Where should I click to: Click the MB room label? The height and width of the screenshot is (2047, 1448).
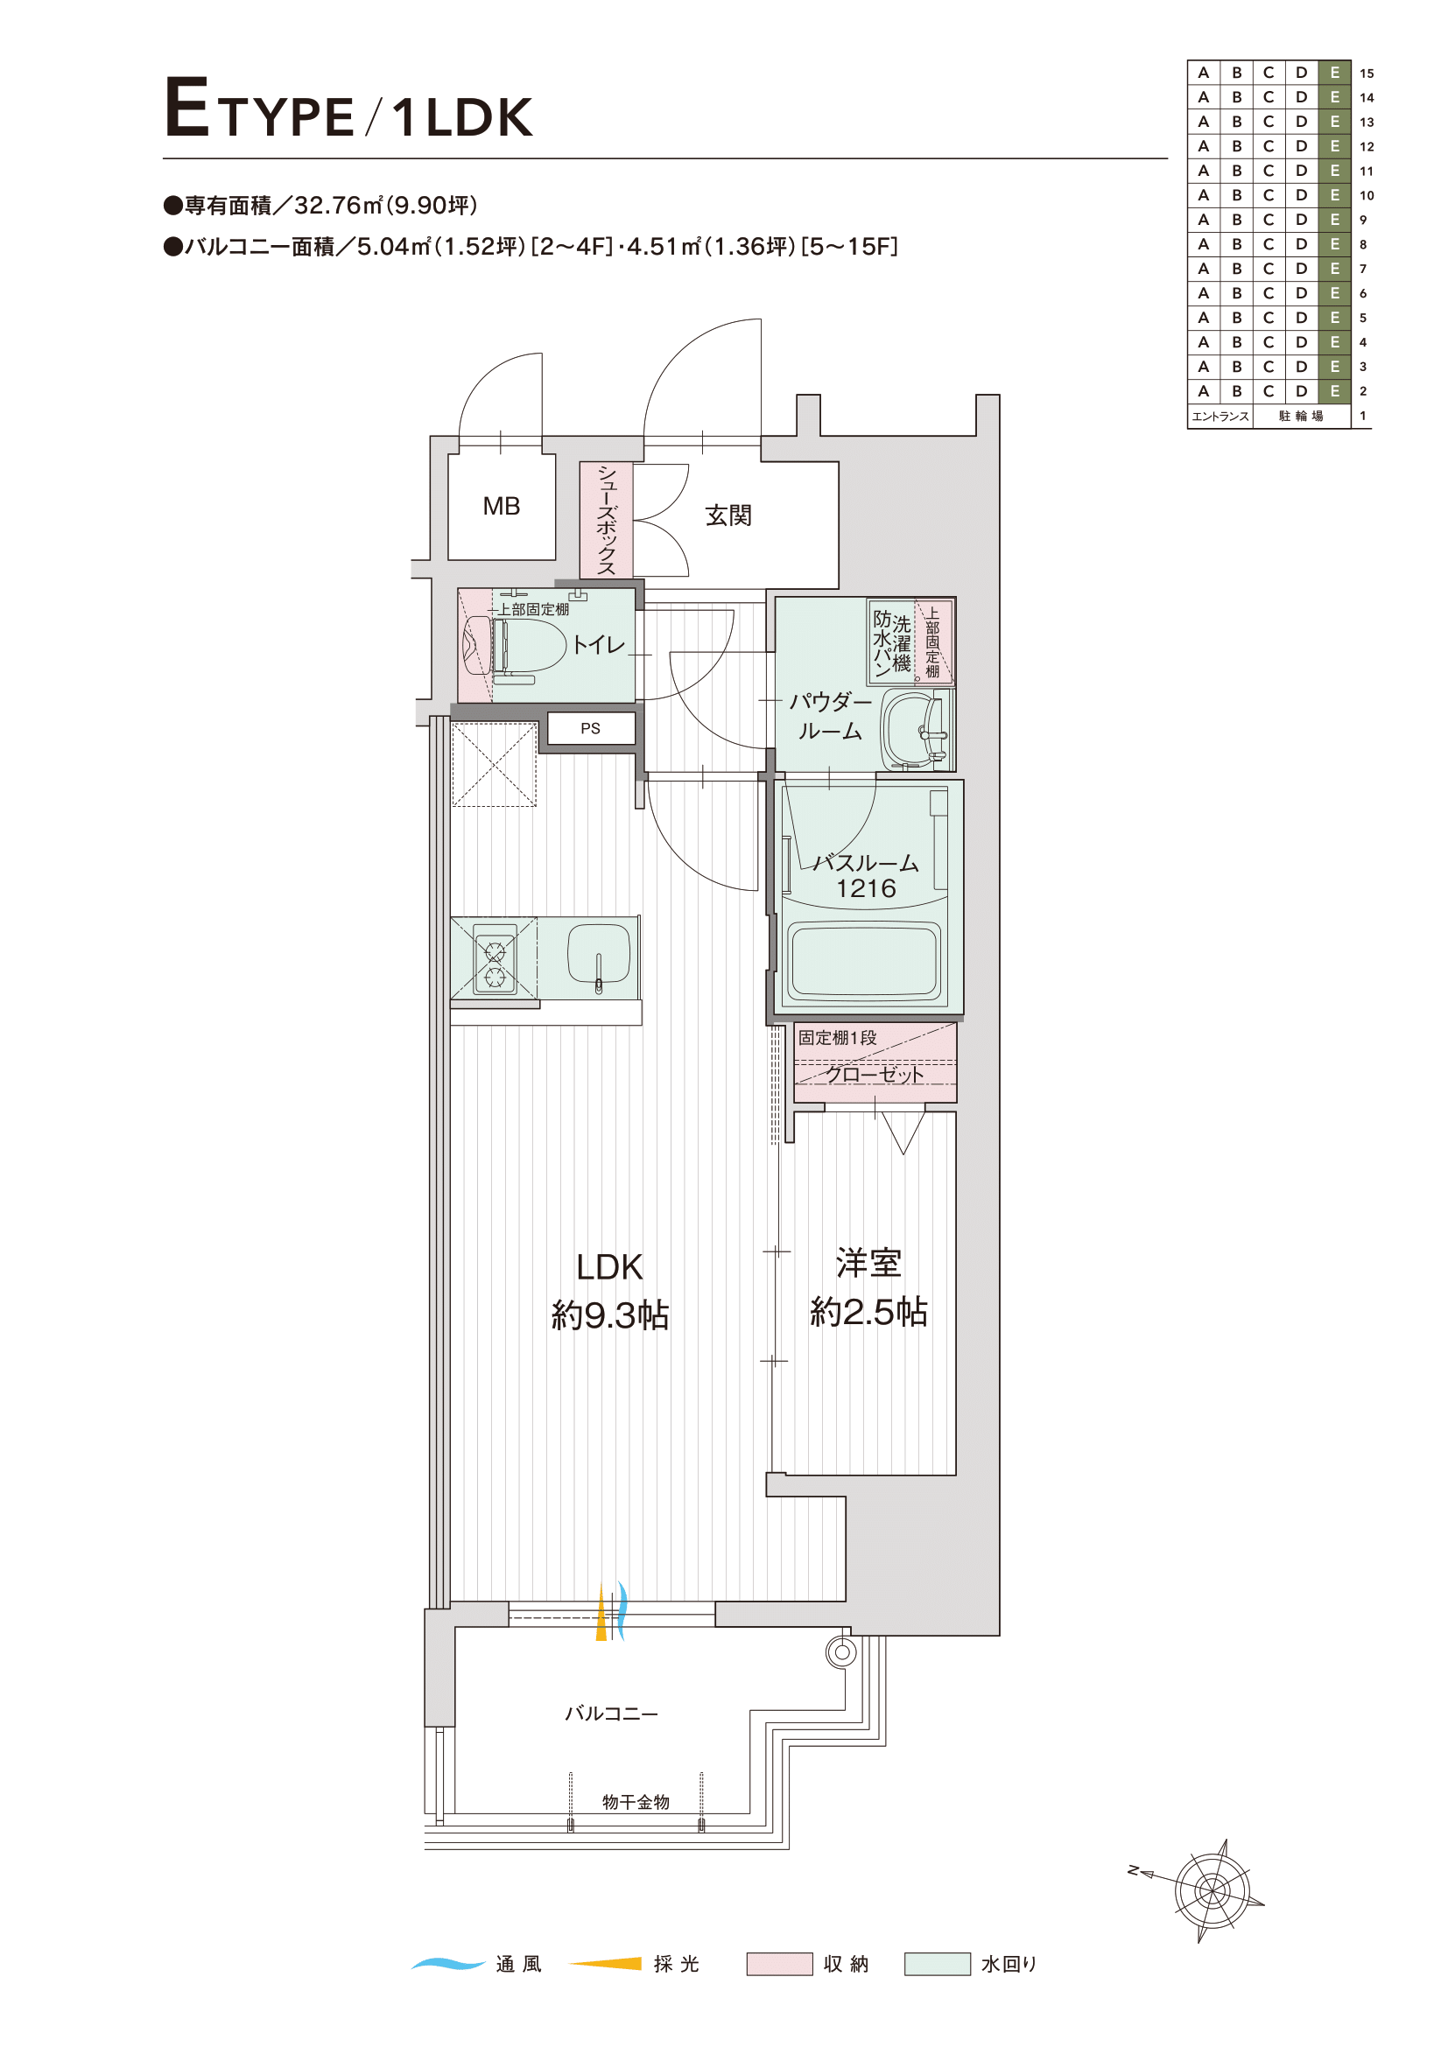coord(501,507)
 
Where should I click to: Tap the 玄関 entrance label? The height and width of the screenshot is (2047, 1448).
coord(728,515)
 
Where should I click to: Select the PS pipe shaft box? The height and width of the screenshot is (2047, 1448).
coord(590,727)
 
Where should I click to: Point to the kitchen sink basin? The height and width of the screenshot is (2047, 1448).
coord(599,957)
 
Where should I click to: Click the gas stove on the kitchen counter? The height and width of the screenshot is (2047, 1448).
coord(495,958)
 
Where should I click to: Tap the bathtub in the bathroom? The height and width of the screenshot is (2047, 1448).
coord(865,961)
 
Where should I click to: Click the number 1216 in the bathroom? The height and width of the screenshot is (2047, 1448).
coord(866,888)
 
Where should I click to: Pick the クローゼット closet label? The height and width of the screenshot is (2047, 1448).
coord(875,1075)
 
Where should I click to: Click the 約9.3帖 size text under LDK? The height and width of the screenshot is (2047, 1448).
coord(611,1315)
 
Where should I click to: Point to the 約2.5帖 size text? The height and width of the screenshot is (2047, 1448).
coord(869,1312)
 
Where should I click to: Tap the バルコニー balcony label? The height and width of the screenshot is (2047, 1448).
coord(612,1714)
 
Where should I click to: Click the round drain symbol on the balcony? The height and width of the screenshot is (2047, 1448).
coord(841,1652)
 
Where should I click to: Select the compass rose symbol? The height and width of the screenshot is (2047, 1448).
coord(1211,1889)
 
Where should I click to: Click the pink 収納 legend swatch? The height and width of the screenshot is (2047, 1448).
coord(779,1964)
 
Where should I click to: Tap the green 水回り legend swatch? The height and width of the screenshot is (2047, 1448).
coord(937,1964)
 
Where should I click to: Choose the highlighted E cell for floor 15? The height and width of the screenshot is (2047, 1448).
coord(1335,73)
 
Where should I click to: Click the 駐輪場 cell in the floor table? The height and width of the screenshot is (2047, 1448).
coord(1302,417)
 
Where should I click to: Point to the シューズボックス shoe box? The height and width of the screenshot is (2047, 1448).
coord(607,520)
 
